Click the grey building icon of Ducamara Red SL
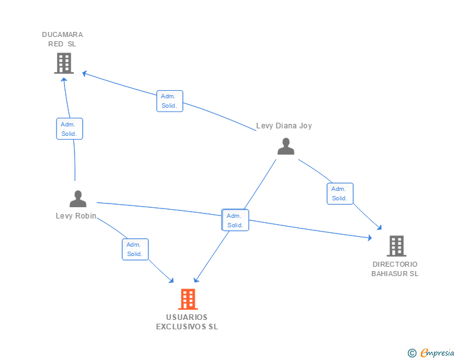pyautogui.click(x=64, y=63)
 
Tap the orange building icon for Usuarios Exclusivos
pyautogui.click(x=188, y=299)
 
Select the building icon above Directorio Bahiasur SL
pyautogui.click(x=396, y=246)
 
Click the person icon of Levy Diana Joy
pyautogui.click(x=286, y=147)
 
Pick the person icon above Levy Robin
pyautogui.click(x=78, y=198)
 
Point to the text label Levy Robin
pyautogui.click(x=76, y=216)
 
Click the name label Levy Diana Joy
pyautogui.click(x=284, y=126)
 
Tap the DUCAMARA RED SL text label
pyautogui.click(x=62, y=39)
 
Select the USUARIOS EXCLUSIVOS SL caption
pyautogui.click(x=187, y=322)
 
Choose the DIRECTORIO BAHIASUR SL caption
pyautogui.click(x=395, y=269)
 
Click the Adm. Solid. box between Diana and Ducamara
pyautogui.click(x=169, y=101)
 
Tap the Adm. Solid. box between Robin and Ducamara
pyautogui.click(x=69, y=129)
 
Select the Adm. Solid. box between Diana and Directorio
pyautogui.click(x=339, y=193)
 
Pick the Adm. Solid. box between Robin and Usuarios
pyautogui.click(x=135, y=249)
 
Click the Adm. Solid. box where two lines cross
pyautogui.click(x=235, y=220)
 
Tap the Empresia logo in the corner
pyautogui.click(x=437, y=353)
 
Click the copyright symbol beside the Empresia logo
pyautogui.click(x=412, y=353)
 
